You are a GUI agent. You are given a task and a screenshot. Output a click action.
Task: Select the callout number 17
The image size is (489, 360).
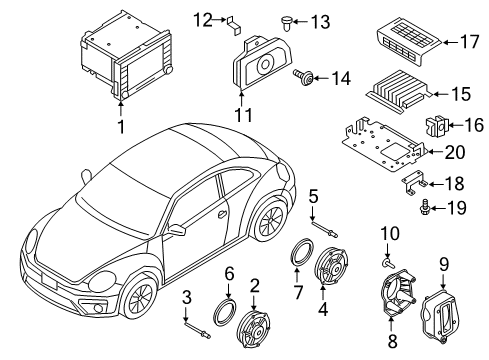tap(465, 43)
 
